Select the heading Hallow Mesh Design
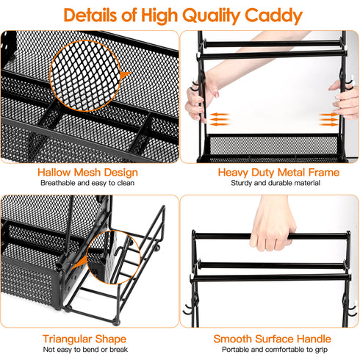coord(89,173)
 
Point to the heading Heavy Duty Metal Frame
coord(269,173)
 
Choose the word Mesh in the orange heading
coord(89,173)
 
